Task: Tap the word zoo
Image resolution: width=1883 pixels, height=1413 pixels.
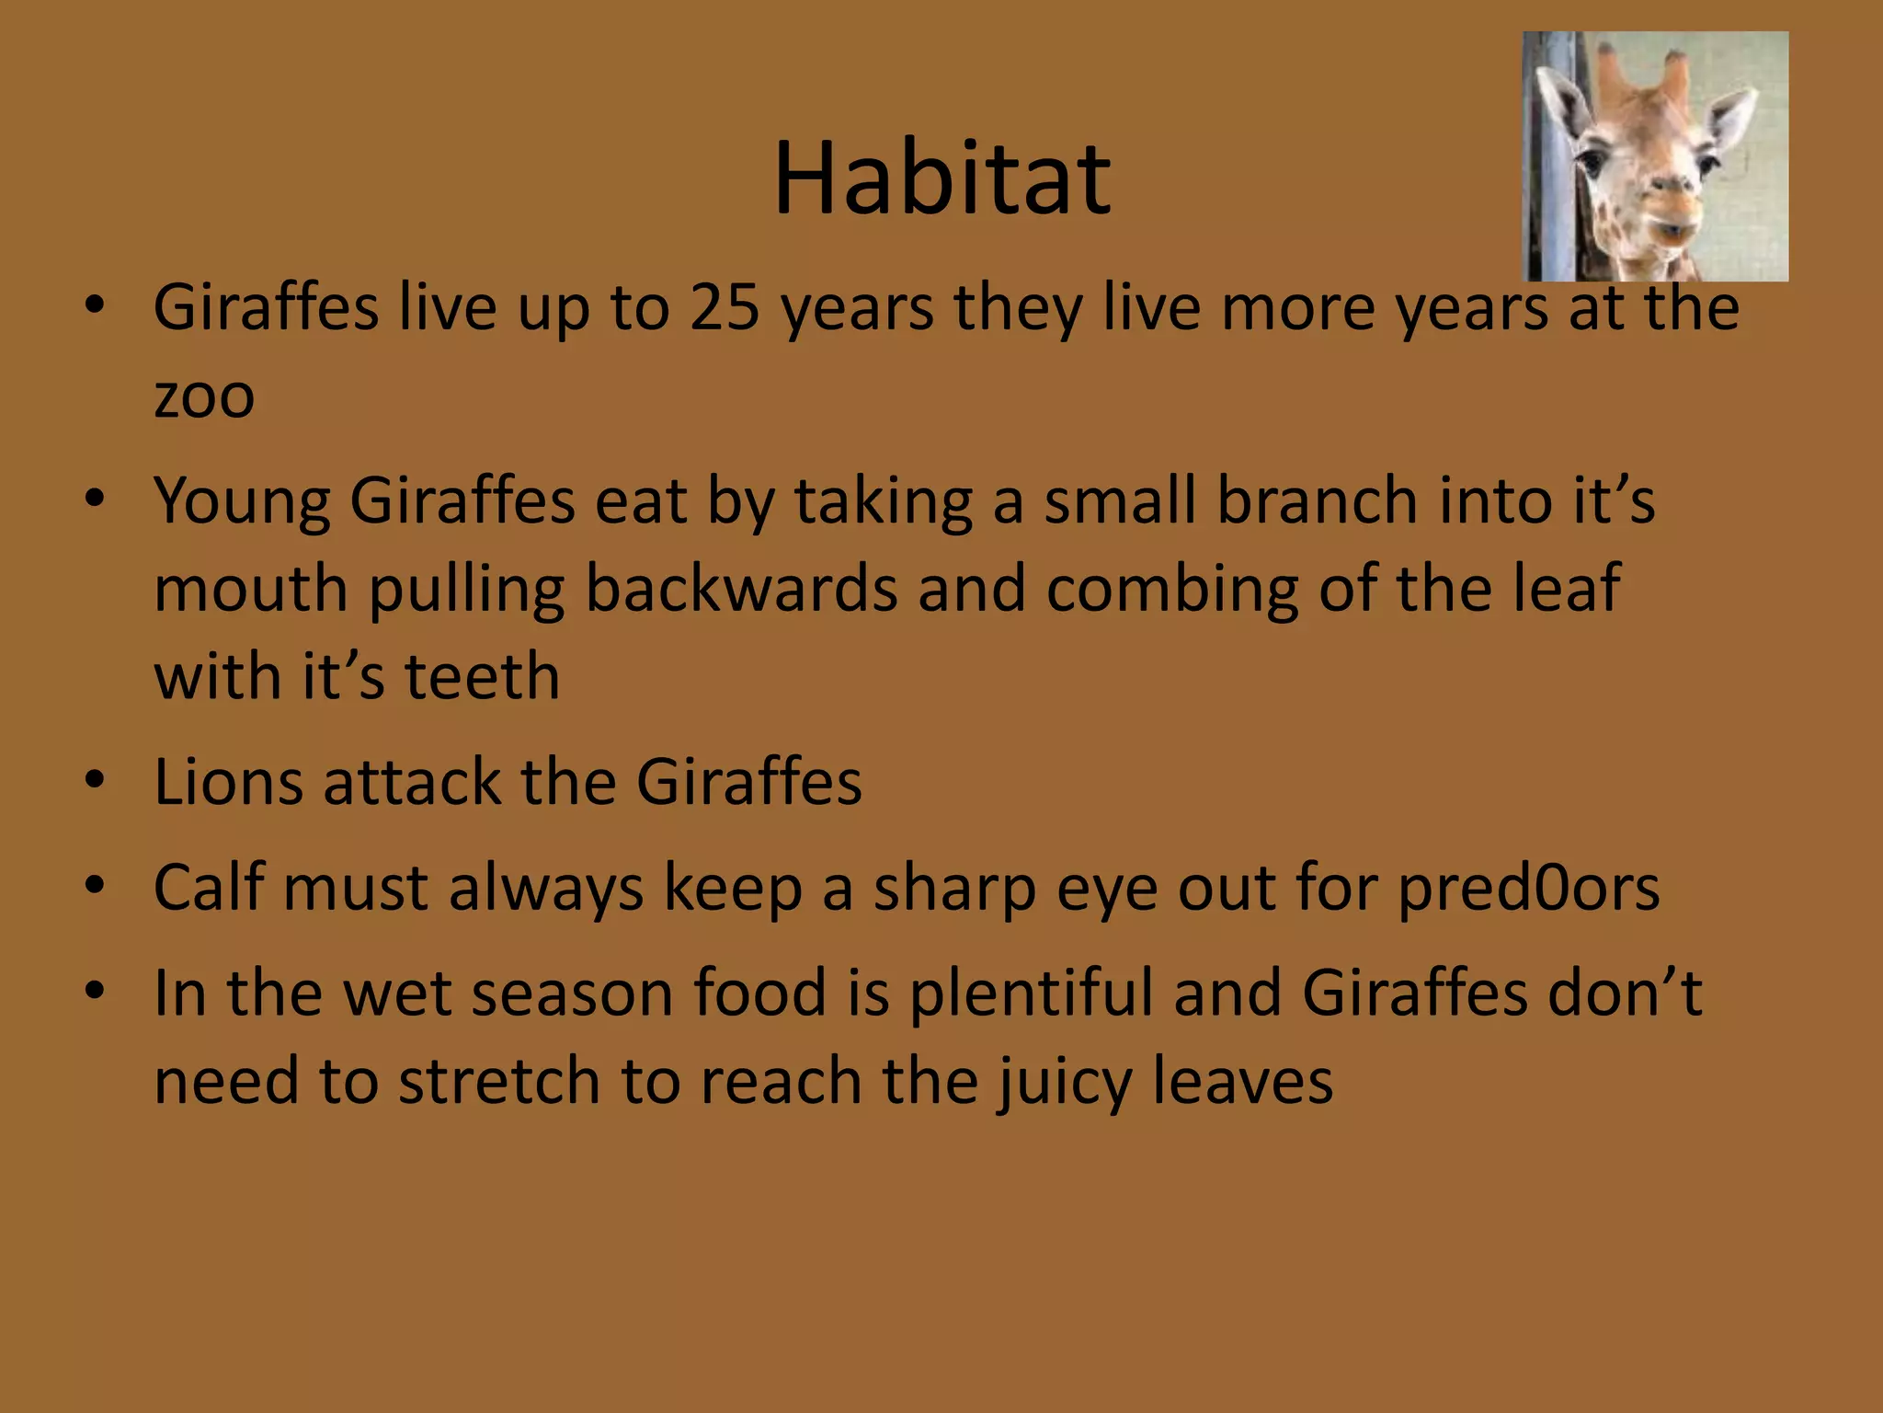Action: tap(204, 397)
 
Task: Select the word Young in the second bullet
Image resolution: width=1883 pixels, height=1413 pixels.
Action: tap(242, 502)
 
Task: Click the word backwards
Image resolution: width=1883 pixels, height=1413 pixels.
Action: tap(741, 589)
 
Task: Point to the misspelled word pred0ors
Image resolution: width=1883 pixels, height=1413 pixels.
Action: tap(1528, 890)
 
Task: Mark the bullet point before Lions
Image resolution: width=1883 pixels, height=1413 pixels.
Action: tap(94, 781)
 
